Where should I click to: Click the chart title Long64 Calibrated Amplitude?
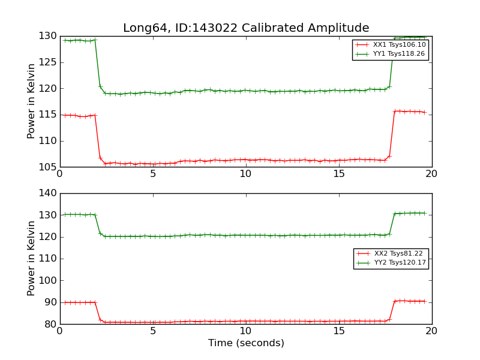(x=246, y=28)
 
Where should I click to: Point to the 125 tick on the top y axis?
(x=48, y=62)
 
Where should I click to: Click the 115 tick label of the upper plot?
(x=48, y=115)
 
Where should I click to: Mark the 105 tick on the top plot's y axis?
(x=48, y=167)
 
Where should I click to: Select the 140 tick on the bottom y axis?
(x=48, y=193)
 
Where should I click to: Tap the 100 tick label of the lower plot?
(x=48, y=280)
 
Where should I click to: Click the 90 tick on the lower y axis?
(x=50, y=302)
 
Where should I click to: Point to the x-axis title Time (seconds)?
(x=246, y=343)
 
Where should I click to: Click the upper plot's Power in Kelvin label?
(x=31, y=101)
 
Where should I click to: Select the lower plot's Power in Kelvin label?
(x=31, y=258)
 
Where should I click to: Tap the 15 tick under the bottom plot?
(x=339, y=331)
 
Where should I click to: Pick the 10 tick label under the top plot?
(x=246, y=174)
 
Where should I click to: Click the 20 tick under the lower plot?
(x=431, y=331)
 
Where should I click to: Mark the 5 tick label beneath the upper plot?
(x=153, y=174)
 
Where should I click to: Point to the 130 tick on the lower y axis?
(x=48, y=215)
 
